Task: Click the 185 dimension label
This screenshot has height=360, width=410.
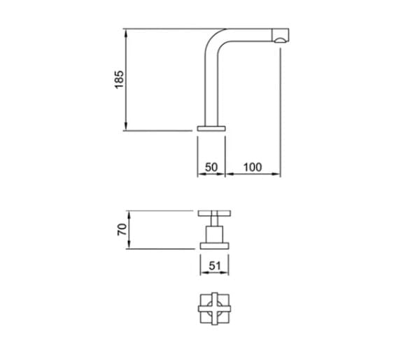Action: tap(119, 80)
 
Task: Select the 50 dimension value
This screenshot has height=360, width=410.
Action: tap(211, 167)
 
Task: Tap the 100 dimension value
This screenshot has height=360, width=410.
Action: tap(253, 167)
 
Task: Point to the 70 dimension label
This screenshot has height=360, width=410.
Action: tap(122, 230)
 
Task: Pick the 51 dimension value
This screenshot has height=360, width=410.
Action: tap(215, 265)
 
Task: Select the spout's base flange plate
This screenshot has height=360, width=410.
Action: tap(211, 128)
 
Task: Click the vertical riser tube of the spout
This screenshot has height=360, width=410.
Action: tap(211, 89)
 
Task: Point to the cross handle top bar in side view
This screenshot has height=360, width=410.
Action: tap(214, 214)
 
